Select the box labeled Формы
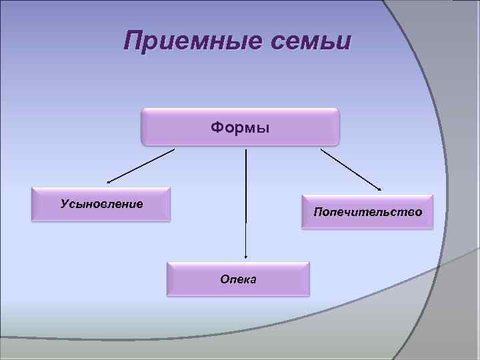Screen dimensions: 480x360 240,127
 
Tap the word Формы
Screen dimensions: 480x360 240,127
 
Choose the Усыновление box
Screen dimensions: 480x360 101,204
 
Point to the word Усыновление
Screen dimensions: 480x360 101,203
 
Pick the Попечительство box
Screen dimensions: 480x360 367,212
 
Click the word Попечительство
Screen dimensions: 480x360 367,212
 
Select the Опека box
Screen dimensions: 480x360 239,279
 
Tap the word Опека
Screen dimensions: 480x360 239,279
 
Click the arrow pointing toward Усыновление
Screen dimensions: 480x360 140,165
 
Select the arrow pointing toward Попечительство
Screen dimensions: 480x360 351,169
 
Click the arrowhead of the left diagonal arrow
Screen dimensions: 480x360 109,181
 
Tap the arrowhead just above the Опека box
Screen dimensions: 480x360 246,255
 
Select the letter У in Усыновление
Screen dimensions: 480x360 64,203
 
